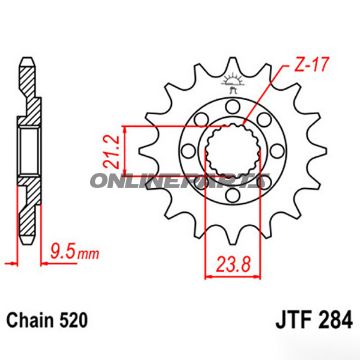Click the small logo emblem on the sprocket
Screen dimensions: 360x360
[x=236, y=81]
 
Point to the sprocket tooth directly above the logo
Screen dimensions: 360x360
[x=236, y=57]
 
